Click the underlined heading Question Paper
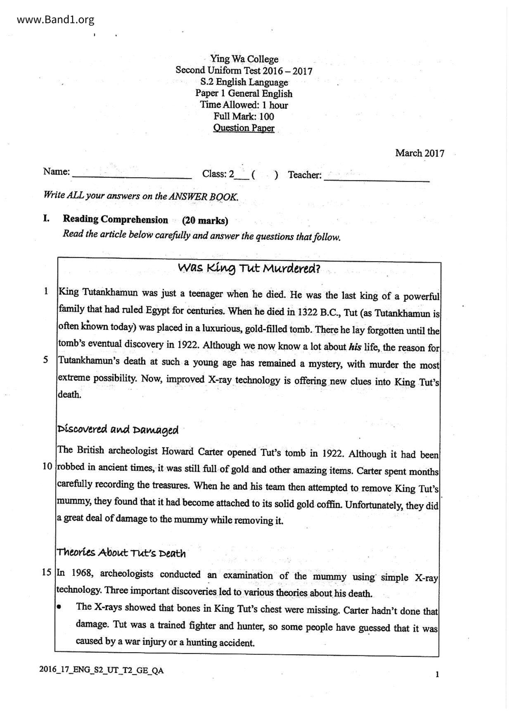click(x=244, y=128)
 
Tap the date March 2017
click(x=420, y=153)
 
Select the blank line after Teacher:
click(x=377, y=179)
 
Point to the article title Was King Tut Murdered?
click(x=249, y=269)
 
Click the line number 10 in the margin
click(x=47, y=466)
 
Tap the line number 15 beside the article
click(x=47, y=572)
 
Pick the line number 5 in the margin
click(x=45, y=359)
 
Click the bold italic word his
click(x=355, y=347)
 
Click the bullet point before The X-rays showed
click(x=60, y=607)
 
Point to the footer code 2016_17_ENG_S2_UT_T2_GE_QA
click(x=102, y=670)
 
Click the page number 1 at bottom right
click(x=437, y=675)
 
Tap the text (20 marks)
click(x=205, y=221)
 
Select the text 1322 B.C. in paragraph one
click(x=318, y=312)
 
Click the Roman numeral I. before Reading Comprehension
click(x=46, y=219)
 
